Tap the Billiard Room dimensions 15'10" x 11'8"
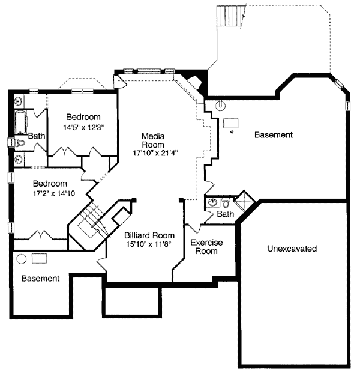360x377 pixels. (149, 244)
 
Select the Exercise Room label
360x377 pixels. (207, 247)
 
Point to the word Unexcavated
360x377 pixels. (292, 249)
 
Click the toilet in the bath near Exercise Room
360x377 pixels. (226, 202)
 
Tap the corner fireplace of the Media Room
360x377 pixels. (194, 82)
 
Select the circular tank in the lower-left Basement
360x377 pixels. (22, 259)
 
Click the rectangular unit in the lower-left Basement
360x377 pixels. (40, 258)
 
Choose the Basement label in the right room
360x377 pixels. (274, 135)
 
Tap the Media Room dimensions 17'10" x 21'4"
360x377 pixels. (155, 153)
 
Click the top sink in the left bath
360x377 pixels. (19, 101)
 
